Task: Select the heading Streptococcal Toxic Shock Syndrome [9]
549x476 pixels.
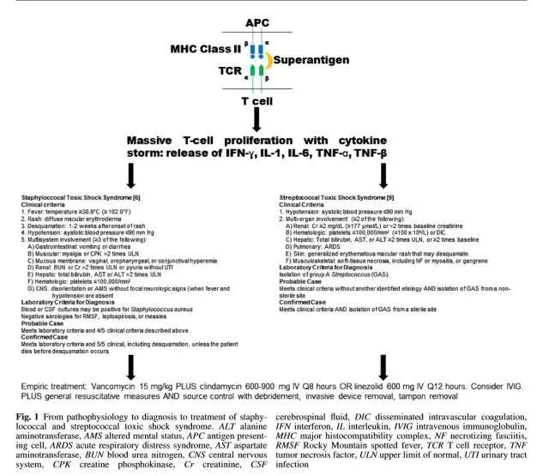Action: point(331,197)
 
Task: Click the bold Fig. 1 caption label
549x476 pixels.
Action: point(31,416)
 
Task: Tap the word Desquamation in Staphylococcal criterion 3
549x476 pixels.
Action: point(48,222)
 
